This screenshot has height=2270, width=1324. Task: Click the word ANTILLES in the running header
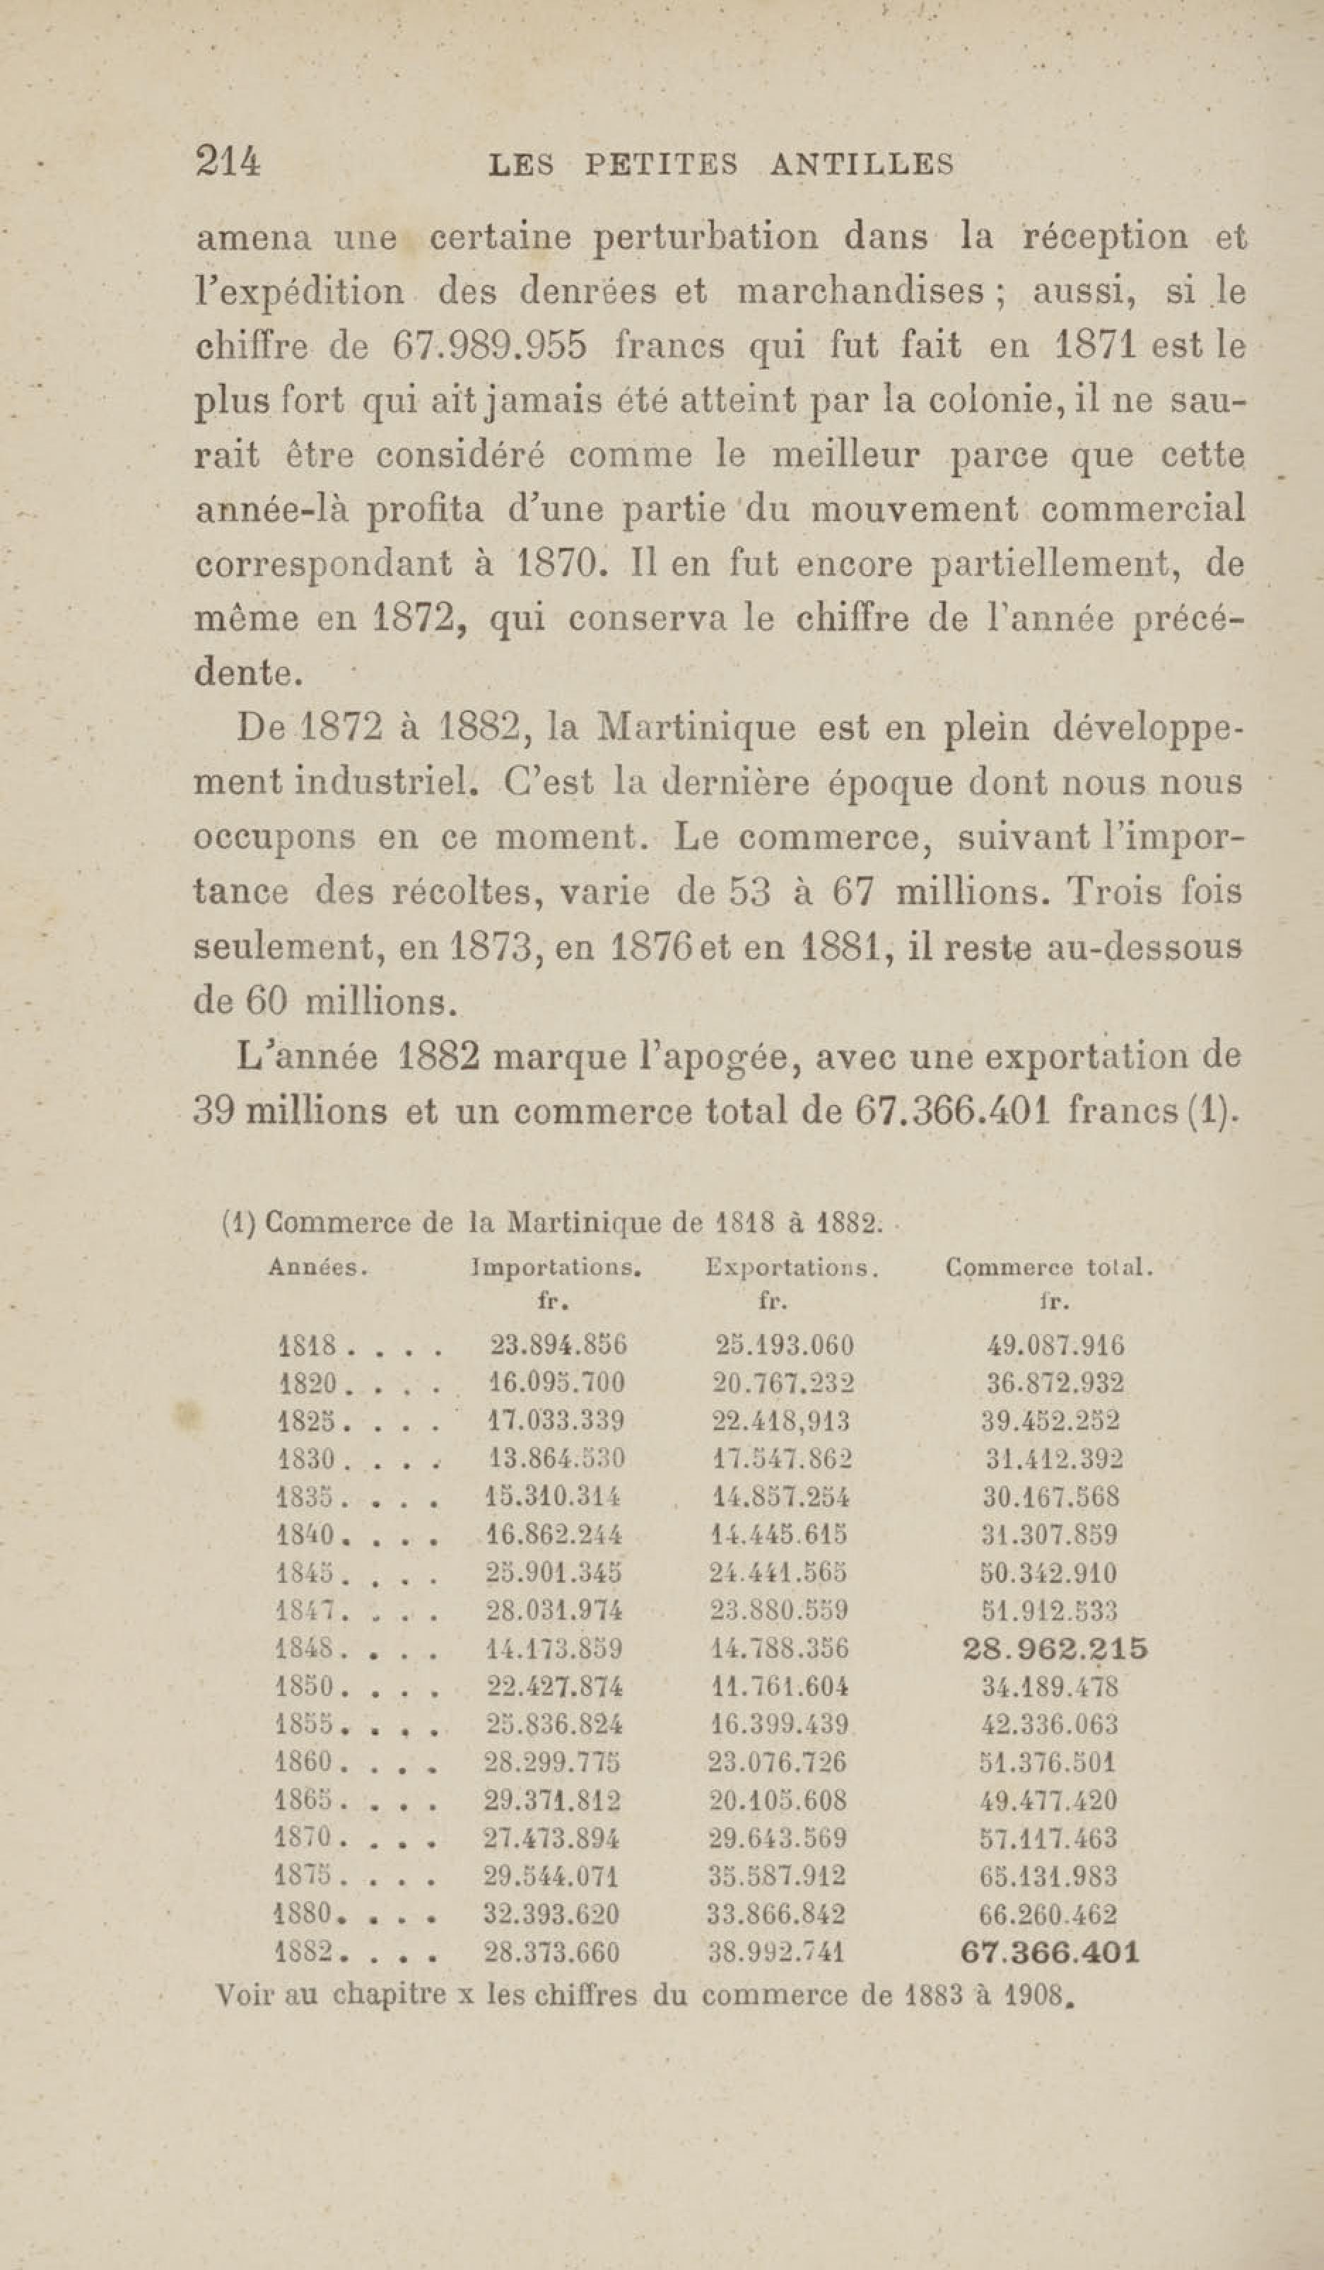click(x=862, y=165)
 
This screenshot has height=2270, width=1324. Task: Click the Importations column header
click(x=556, y=1269)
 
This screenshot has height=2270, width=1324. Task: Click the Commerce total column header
click(x=1049, y=1268)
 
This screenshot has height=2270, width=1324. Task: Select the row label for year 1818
click(x=308, y=1348)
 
